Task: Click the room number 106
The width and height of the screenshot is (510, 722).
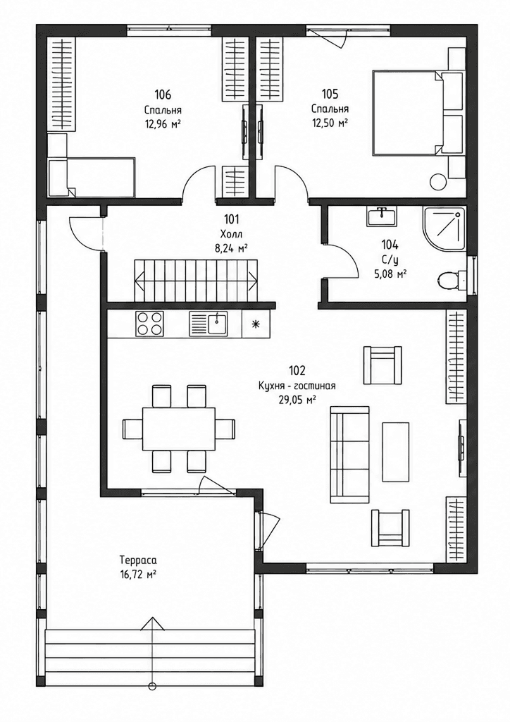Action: click(x=163, y=95)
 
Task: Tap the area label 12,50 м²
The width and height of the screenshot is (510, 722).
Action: click(x=330, y=123)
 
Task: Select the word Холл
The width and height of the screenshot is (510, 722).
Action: click(x=231, y=233)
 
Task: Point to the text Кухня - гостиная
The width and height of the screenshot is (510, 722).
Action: click(x=297, y=386)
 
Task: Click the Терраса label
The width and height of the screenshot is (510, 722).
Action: click(x=138, y=561)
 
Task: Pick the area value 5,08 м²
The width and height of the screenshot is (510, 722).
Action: click(x=390, y=274)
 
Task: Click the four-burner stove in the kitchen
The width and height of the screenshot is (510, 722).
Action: click(x=149, y=323)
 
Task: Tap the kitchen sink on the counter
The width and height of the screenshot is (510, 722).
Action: click(x=208, y=323)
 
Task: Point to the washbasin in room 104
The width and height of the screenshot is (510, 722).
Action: click(x=382, y=216)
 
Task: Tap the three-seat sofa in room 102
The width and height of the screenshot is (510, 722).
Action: click(x=349, y=452)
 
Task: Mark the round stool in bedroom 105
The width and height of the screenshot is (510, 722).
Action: click(x=437, y=180)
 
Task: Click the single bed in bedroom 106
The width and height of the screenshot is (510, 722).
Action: click(x=92, y=176)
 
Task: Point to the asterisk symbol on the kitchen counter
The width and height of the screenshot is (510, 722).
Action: click(x=256, y=323)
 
